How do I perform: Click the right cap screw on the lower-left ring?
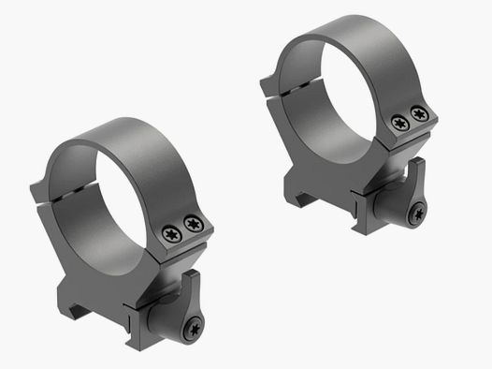194,223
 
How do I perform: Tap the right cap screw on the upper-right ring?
419,114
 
